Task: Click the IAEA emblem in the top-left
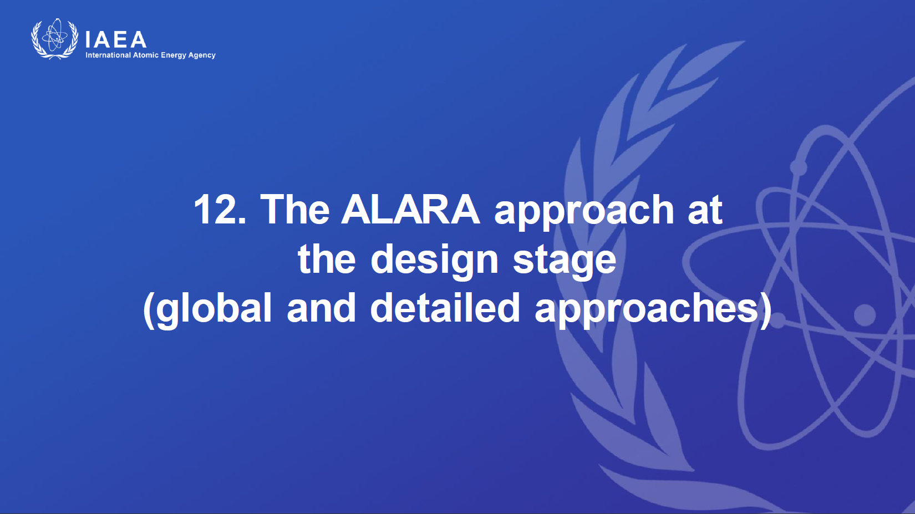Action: point(55,39)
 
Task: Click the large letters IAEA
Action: point(115,39)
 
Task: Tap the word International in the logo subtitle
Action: point(108,55)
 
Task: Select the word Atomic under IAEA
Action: point(146,55)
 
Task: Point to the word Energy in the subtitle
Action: point(173,55)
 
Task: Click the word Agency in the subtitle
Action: point(202,55)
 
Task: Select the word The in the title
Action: point(294,208)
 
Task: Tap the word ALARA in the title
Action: point(410,209)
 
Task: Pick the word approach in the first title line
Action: point(584,213)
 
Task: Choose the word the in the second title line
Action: point(327,258)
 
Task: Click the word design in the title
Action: point(434,262)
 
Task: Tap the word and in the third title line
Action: point(321,307)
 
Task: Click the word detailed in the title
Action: point(445,307)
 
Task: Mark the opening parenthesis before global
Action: point(148,311)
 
